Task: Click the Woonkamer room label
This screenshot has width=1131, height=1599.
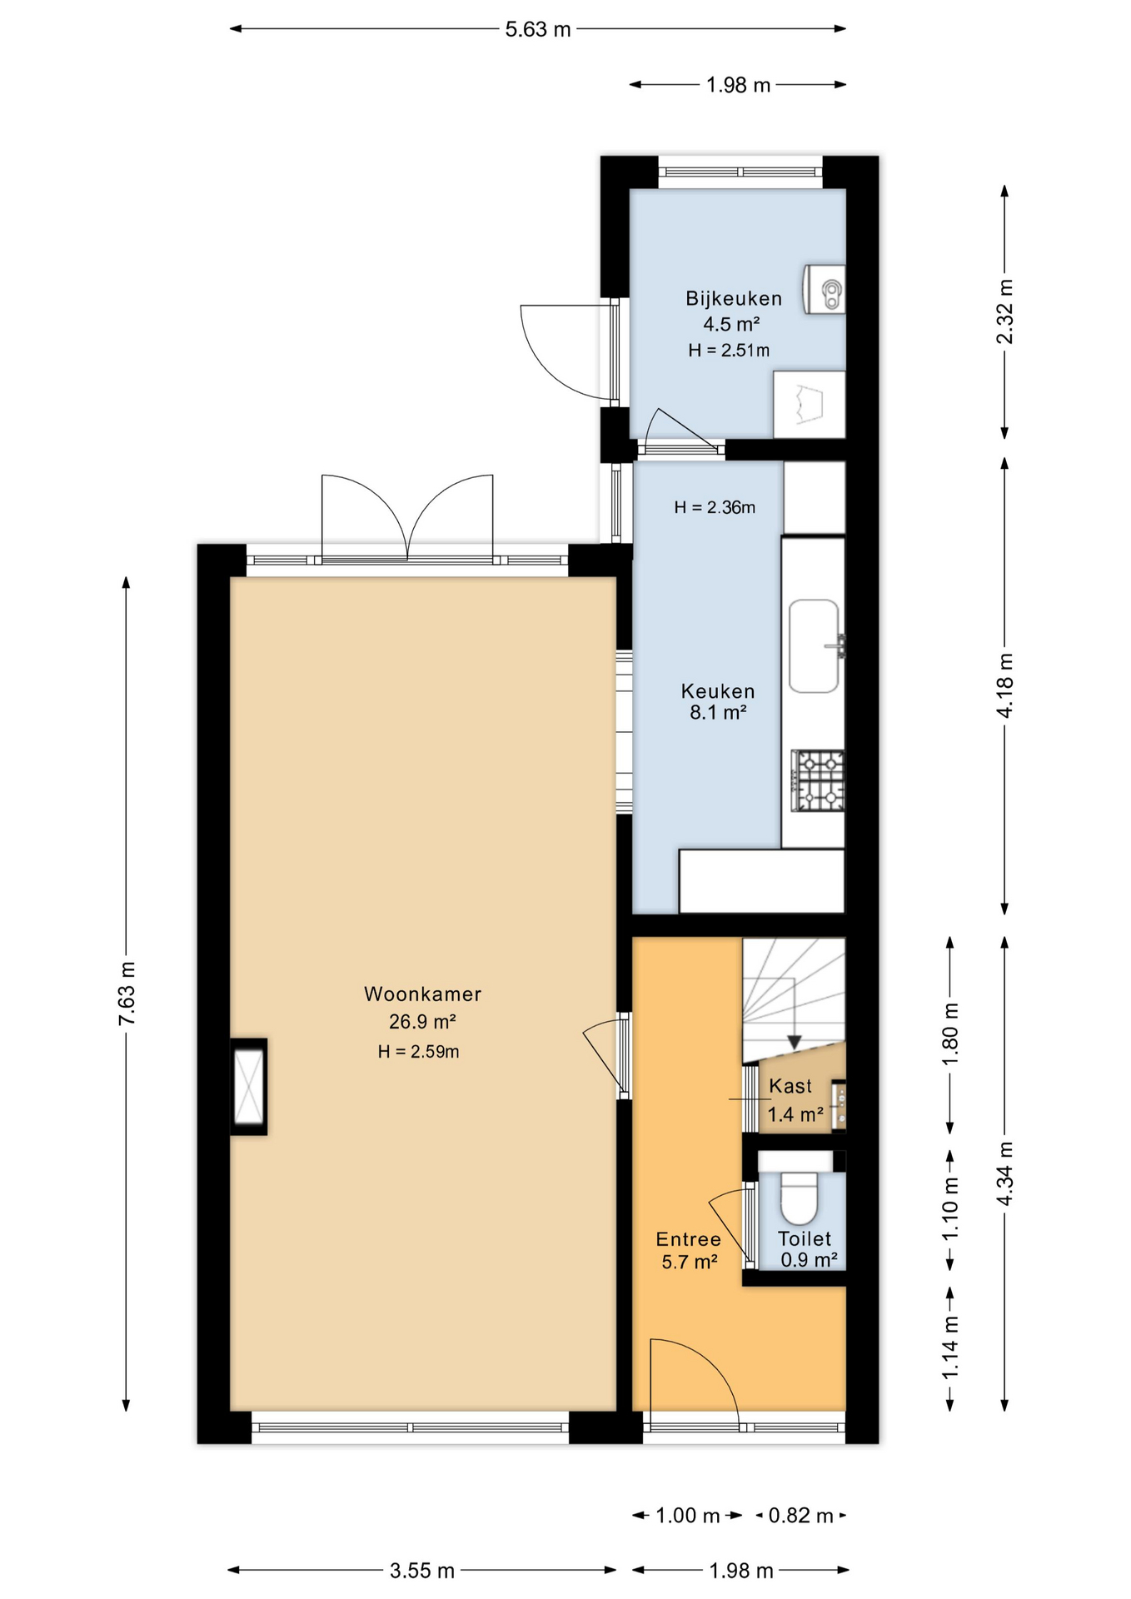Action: (x=422, y=994)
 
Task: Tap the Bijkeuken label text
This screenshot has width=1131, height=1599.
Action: (x=734, y=298)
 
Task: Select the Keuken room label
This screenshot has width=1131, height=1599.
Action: (x=718, y=691)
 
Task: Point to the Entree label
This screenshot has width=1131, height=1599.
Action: (x=689, y=1239)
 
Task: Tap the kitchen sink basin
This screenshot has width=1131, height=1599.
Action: (x=814, y=646)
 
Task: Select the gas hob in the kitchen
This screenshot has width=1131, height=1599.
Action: (x=818, y=780)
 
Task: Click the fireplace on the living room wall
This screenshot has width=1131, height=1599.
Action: (x=249, y=1087)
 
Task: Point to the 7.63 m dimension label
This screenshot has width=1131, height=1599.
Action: (x=127, y=994)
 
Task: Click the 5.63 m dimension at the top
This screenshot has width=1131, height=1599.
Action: (x=538, y=29)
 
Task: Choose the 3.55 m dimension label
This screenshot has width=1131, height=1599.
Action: (x=422, y=1571)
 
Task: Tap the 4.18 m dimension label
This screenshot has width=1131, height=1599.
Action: (x=1005, y=685)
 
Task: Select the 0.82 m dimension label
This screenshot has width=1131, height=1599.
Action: (x=800, y=1515)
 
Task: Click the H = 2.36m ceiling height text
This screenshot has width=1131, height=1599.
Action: (x=715, y=507)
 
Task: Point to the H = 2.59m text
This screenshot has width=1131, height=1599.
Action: (x=418, y=1051)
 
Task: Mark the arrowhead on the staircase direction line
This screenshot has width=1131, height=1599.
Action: (x=795, y=1042)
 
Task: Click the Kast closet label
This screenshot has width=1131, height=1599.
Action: (x=790, y=1086)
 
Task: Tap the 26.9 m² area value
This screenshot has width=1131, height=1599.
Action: (x=422, y=1022)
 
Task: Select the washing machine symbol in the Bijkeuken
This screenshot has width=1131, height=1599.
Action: (x=809, y=405)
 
